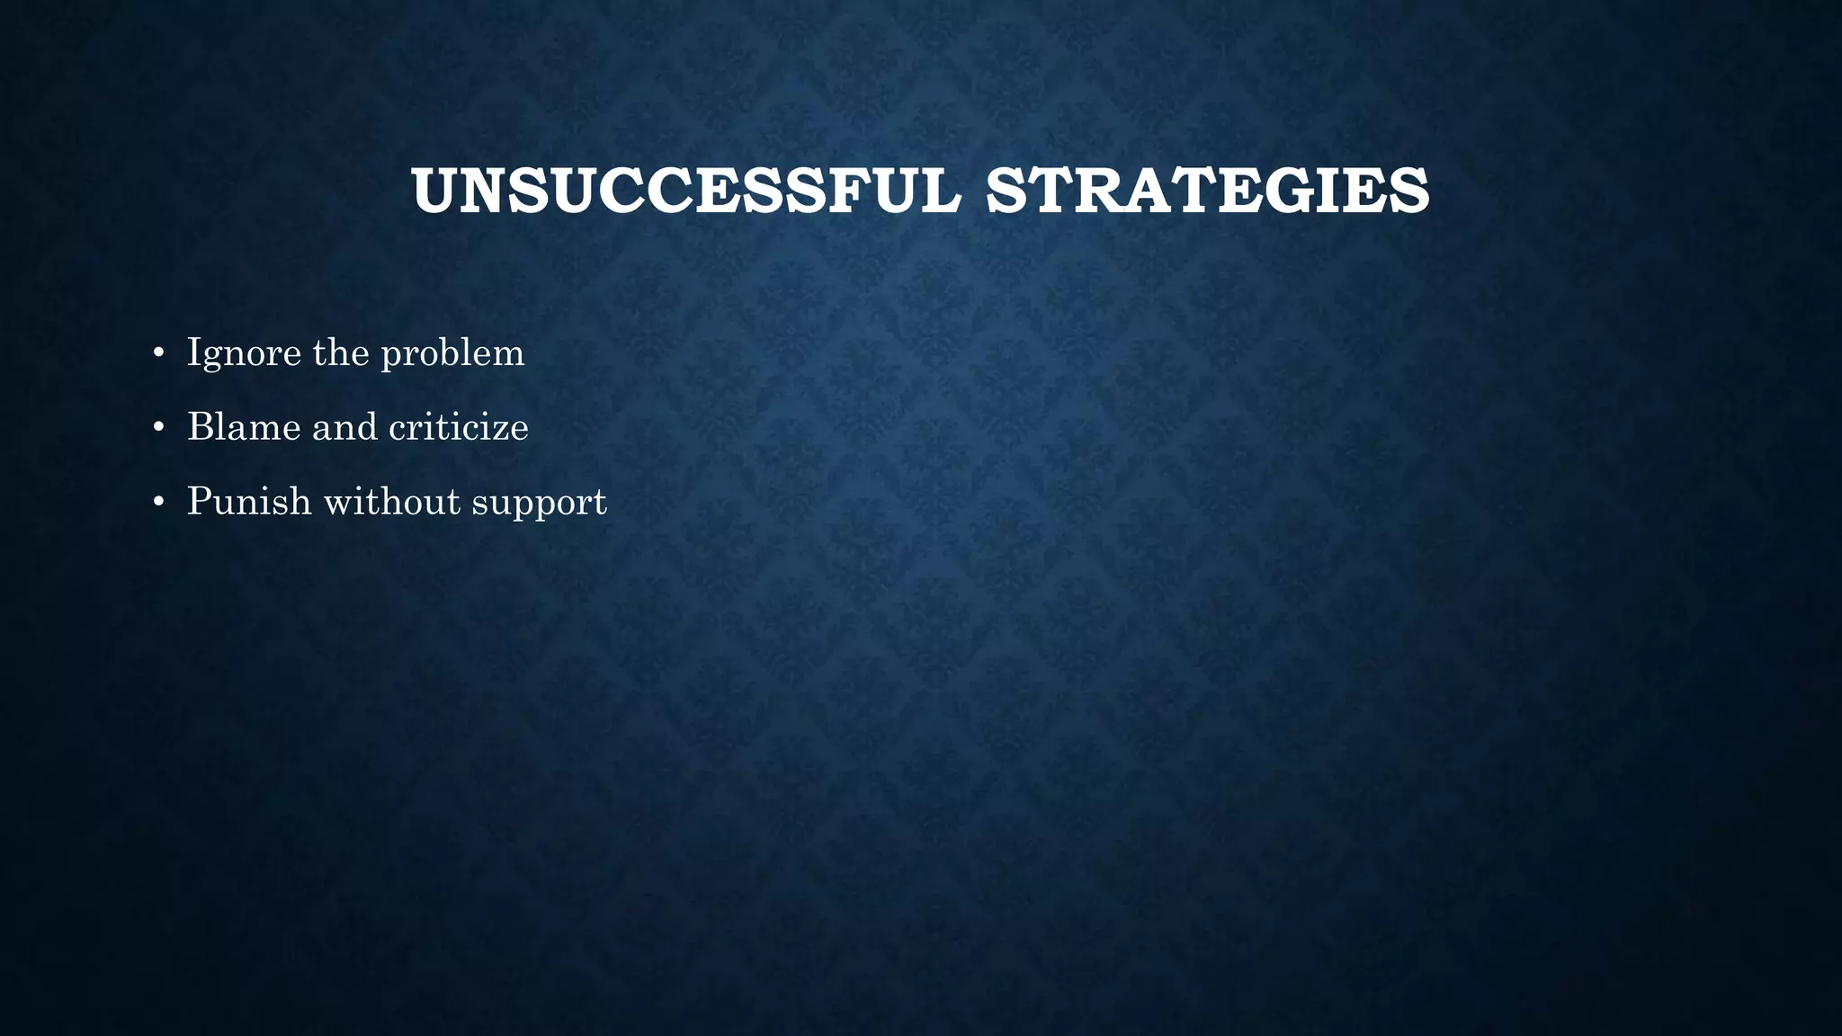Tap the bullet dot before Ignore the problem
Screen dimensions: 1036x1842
point(158,353)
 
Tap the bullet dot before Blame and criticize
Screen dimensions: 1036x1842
point(158,427)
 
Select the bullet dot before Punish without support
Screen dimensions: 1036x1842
point(158,502)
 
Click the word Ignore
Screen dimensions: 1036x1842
point(244,353)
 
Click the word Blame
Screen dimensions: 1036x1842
point(244,427)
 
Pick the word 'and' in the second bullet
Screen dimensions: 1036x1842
point(344,427)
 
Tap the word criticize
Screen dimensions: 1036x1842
point(458,427)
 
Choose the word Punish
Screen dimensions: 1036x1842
point(249,502)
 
